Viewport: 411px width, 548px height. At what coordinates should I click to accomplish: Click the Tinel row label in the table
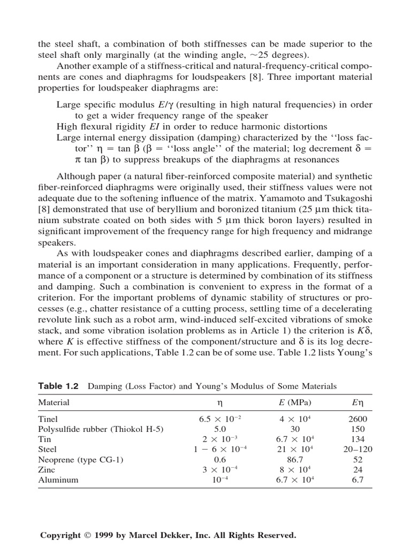(48, 419)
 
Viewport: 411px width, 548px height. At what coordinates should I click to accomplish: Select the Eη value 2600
(357, 419)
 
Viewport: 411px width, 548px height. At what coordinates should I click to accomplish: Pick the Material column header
(54, 402)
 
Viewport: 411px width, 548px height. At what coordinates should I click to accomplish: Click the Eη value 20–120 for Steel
(357, 450)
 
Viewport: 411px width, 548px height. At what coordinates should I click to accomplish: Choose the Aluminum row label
(58, 479)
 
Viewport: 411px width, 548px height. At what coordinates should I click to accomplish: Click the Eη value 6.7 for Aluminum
(357, 479)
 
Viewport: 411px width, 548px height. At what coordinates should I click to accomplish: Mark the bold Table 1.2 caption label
(58, 386)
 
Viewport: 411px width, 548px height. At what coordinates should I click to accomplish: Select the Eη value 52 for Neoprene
(357, 459)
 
